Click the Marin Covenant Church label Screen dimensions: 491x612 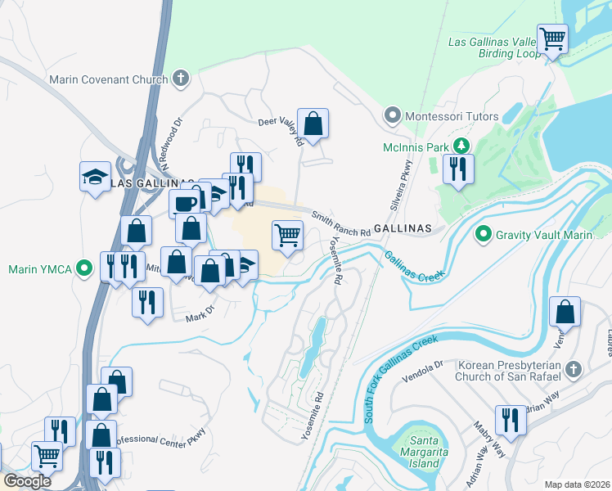pos(108,80)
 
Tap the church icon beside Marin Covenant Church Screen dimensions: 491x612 pos(181,79)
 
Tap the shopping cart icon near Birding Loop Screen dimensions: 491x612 pos(554,38)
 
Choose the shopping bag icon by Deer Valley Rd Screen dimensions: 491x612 pos(313,124)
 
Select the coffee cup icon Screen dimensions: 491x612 pos(183,204)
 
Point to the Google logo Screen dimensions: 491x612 pos(28,480)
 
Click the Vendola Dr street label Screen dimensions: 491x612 pos(426,365)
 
